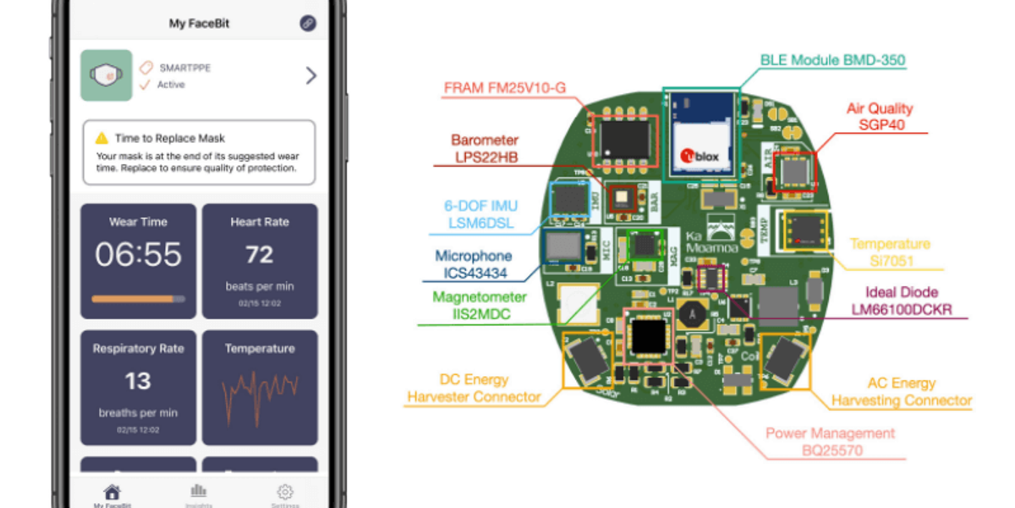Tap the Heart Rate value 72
click(260, 254)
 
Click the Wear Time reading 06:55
click(138, 254)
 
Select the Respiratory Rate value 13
click(138, 381)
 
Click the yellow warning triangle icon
click(101, 137)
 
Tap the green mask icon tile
click(106, 75)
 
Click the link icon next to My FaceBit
click(308, 24)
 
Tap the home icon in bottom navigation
click(112, 492)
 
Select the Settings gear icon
click(285, 492)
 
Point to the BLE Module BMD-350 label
click(832, 61)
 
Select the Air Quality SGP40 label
click(880, 116)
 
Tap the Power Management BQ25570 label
click(830, 442)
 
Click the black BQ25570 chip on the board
click(647, 336)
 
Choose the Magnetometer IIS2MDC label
click(480, 306)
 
